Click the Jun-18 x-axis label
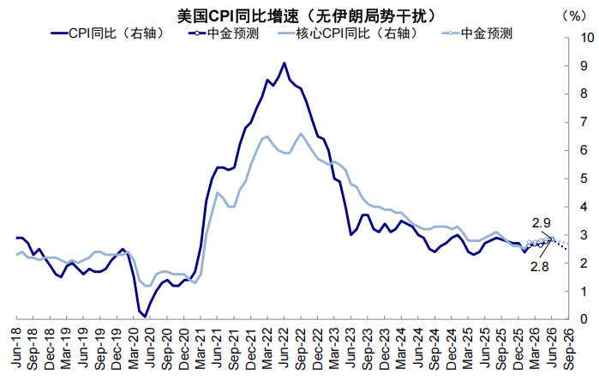(17, 347)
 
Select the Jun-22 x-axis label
(284, 347)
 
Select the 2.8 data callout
(541, 266)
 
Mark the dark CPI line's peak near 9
(284, 63)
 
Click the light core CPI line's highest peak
(301, 134)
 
